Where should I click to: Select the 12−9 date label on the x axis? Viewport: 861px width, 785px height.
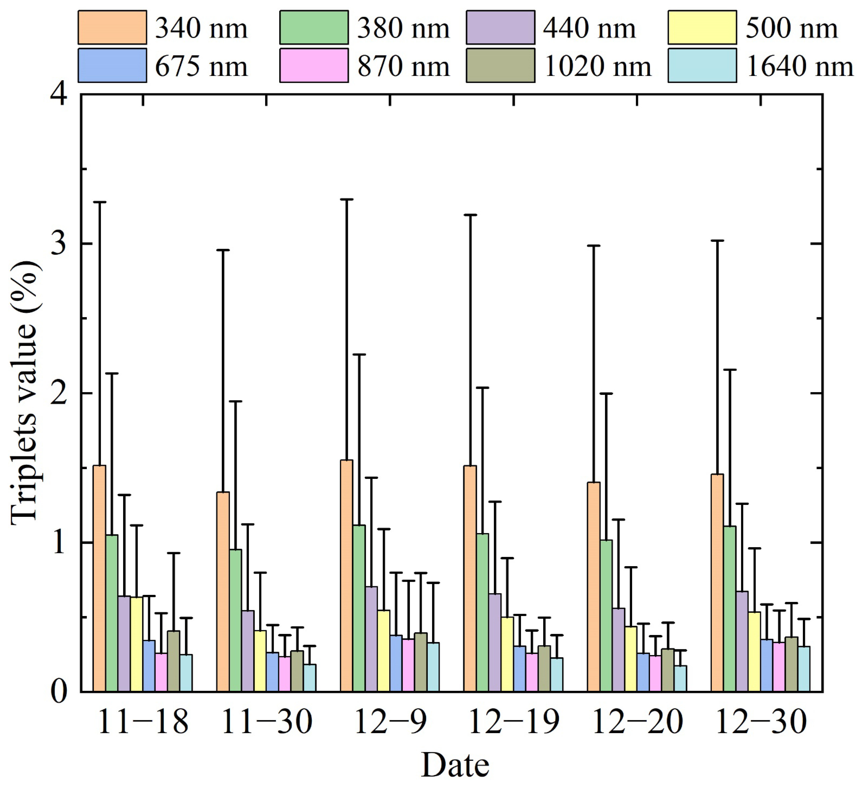coord(390,722)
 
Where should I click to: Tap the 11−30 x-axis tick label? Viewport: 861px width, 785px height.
coord(266,722)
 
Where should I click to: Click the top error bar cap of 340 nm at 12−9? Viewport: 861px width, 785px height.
coord(346,199)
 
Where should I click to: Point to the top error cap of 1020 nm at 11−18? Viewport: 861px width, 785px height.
coord(173,553)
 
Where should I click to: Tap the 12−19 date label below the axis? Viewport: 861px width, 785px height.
coord(513,722)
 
